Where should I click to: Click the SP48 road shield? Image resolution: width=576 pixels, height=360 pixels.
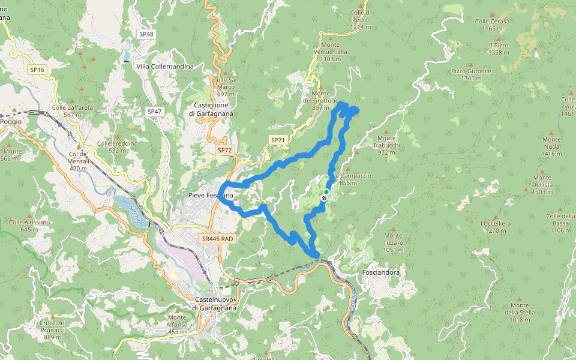[x=145, y=34]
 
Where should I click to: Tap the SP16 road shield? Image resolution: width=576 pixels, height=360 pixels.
[x=37, y=70]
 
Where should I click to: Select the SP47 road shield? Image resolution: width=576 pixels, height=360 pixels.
[x=154, y=112]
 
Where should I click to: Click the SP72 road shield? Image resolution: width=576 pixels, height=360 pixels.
[x=224, y=149]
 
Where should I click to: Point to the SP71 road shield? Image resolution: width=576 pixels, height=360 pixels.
[x=278, y=140]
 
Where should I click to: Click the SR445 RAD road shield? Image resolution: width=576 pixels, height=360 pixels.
[x=217, y=239]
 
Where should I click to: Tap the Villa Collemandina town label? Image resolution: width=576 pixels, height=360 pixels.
[x=165, y=67]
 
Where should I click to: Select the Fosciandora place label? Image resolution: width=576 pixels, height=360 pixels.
[x=381, y=272]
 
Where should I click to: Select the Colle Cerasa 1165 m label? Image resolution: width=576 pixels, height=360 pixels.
[x=492, y=25]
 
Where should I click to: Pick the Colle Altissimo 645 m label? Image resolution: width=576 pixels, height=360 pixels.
[x=29, y=226]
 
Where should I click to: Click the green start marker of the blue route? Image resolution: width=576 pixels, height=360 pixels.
[x=326, y=191]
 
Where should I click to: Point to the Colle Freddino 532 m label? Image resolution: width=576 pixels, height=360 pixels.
[x=118, y=146]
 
